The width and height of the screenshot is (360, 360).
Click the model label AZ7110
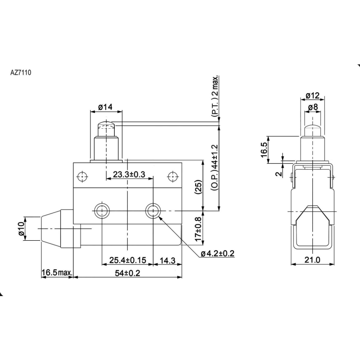[x=21, y=72]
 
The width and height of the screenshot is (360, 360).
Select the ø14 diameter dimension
[x=105, y=107]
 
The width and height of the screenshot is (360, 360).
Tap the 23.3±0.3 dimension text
[x=129, y=175]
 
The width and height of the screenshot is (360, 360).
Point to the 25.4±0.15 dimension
[x=128, y=260]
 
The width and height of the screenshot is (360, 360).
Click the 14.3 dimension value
[x=167, y=261]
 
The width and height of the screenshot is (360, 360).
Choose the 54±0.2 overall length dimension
[x=128, y=273]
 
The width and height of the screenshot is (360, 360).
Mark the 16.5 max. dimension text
[x=57, y=273]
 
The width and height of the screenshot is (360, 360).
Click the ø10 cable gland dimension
[x=21, y=229]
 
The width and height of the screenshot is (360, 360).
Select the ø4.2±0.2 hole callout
[x=217, y=253]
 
